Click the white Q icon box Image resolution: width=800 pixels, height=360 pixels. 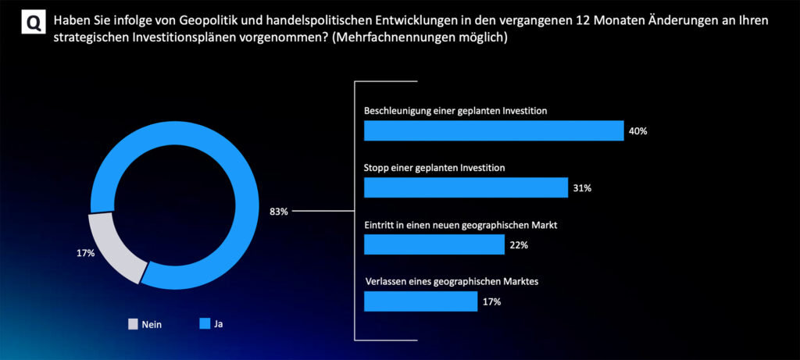[x=33, y=24]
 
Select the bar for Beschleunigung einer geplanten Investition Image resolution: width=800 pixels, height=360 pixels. [x=494, y=130]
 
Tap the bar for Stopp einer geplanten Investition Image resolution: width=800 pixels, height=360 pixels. [x=466, y=187]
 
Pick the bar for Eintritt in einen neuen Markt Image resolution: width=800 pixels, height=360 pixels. [x=434, y=244]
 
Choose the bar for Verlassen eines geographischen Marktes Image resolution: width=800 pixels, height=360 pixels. [x=420, y=301]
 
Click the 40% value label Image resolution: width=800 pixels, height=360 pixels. [x=637, y=131]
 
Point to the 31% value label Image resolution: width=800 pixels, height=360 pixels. [x=582, y=188]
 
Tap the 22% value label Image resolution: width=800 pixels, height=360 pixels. [x=519, y=245]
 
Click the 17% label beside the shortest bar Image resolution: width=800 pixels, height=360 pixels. [x=491, y=301]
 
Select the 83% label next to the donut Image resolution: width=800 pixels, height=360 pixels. [x=279, y=211]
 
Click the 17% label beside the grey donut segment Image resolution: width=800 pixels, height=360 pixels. [x=85, y=253]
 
